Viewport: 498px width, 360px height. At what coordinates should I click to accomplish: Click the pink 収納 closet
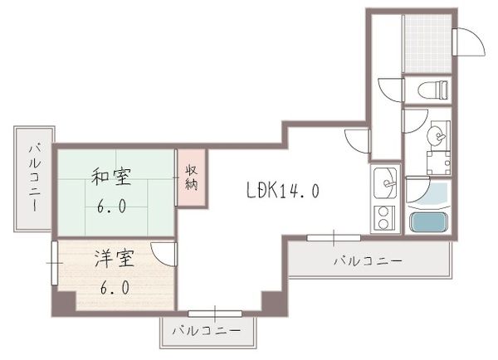tap(191, 177)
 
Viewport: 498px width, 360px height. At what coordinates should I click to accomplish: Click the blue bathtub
tap(429, 222)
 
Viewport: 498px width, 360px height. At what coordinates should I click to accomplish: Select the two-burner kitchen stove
tap(384, 217)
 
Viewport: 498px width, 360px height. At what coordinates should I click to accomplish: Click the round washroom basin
tap(434, 134)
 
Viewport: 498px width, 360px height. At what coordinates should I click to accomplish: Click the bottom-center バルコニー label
tap(207, 331)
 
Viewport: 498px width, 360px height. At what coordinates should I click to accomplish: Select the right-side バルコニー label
tap(368, 260)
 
